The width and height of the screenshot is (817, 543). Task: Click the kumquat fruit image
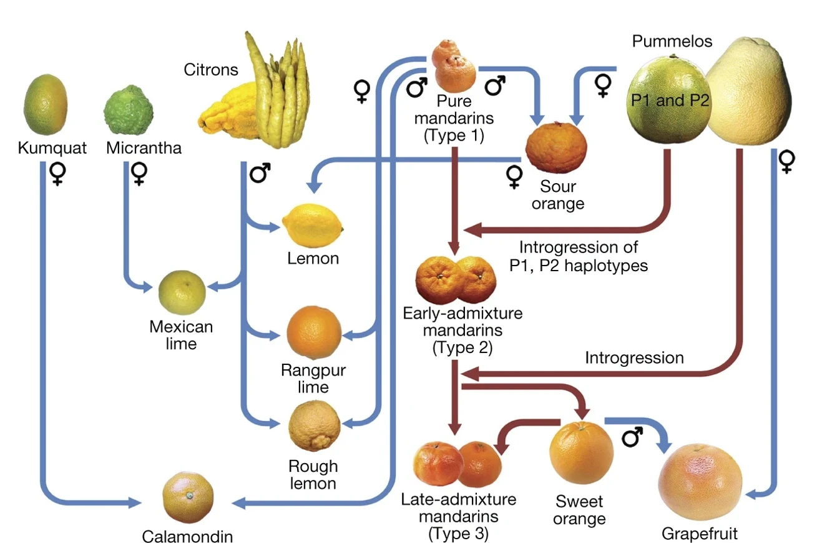point(46,104)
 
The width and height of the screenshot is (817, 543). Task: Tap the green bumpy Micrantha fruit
point(129,110)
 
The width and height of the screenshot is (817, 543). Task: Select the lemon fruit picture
point(313,226)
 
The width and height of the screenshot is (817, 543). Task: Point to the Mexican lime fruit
point(182,292)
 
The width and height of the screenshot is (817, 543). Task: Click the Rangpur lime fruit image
point(314,332)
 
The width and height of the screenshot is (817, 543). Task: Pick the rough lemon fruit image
point(314,426)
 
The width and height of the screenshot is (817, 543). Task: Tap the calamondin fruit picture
point(188,497)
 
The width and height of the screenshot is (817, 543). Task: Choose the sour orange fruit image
point(556,147)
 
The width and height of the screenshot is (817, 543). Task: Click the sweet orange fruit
point(581,452)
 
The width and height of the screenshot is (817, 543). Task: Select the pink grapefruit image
point(700,482)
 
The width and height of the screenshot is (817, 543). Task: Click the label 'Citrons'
point(211,69)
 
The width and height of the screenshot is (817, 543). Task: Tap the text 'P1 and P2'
point(670,100)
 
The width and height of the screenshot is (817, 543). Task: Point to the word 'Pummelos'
point(672,41)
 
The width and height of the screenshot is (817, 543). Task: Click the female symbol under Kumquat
point(57,174)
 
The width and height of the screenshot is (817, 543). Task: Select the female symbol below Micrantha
point(139,174)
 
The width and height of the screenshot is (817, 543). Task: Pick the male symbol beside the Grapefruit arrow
point(632,437)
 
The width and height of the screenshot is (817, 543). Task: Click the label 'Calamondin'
point(187,536)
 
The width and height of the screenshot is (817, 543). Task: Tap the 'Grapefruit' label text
point(700,534)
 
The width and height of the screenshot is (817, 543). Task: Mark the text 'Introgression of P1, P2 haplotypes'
point(579,256)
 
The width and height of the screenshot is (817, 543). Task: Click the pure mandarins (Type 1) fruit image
point(454,66)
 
